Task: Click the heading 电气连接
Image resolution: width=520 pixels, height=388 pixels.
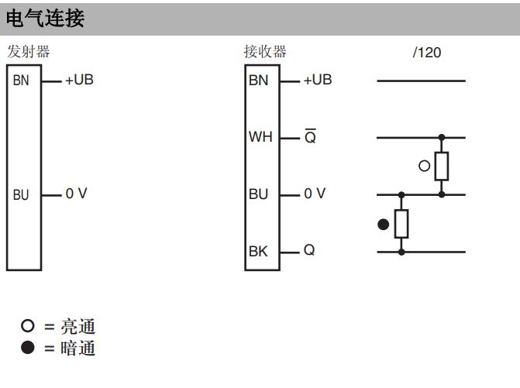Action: click(x=45, y=18)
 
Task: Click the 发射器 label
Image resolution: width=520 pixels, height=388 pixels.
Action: click(x=29, y=52)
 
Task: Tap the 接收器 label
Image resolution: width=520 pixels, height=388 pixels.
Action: click(x=265, y=52)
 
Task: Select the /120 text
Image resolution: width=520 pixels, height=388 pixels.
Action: click(x=427, y=53)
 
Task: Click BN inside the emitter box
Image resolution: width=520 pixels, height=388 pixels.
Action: click(x=21, y=81)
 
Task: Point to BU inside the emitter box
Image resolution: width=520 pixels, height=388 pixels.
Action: click(x=21, y=195)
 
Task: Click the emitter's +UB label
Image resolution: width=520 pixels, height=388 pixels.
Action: click(x=80, y=80)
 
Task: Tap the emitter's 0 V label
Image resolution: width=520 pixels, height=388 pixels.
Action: click(x=76, y=194)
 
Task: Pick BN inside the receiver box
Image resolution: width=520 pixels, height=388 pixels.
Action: click(x=258, y=81)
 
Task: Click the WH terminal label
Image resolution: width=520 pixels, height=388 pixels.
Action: click(x=260, y=137)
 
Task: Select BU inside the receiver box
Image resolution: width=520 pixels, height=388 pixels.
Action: click(x=258, y=194)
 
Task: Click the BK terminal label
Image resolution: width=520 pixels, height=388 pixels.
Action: click(x=258, y=252)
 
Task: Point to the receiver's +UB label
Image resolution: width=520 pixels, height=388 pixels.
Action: click(x=318, y=80)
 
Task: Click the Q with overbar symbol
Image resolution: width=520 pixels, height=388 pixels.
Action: click(x=310, y=136)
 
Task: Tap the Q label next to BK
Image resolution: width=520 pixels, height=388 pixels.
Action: click(x=309, y=250)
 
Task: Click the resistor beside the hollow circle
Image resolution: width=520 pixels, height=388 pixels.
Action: click(x=442, y=166)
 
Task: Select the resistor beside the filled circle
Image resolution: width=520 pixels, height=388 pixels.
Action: click(x=401, y=224)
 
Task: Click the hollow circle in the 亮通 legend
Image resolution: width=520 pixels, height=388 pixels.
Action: click(x=28, y=326)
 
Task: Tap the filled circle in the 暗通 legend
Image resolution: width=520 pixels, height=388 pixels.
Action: click(x=28, y=347)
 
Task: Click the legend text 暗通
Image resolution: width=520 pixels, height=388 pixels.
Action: click(x=78, y=348)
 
